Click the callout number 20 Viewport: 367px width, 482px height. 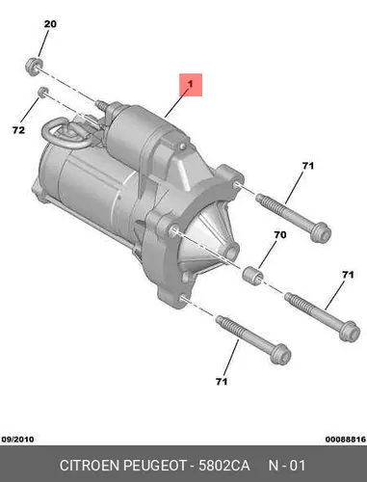click(50, 24)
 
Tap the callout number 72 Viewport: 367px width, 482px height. click(18, 130)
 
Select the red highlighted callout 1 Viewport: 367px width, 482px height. click(191, 85)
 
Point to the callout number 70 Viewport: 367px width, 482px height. click(280, 235)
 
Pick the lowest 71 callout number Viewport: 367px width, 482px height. click(222, 382)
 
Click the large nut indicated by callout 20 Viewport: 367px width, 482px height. click(34, 67)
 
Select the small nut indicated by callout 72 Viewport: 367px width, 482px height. click(42, 93)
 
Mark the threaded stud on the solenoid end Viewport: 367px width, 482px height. click(101, 105)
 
